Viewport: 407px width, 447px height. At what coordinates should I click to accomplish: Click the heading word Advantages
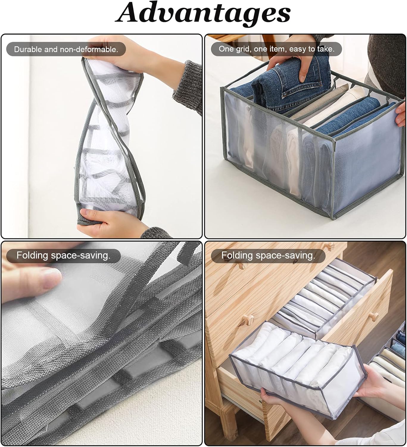coord(203,15)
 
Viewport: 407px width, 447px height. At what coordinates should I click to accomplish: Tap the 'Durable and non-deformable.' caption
coord(66,49)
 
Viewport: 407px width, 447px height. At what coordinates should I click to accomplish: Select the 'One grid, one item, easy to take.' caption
coord(277,49)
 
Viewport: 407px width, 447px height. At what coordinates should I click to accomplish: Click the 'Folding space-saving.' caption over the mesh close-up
coord(63,255)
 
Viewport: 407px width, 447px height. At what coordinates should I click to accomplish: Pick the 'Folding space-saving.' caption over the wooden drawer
coord(268,255)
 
